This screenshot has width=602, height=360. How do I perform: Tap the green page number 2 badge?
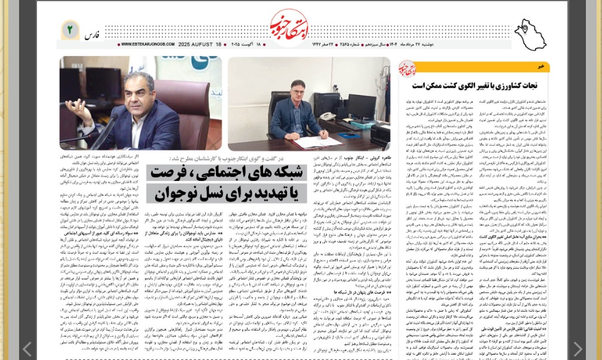(70, 29)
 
